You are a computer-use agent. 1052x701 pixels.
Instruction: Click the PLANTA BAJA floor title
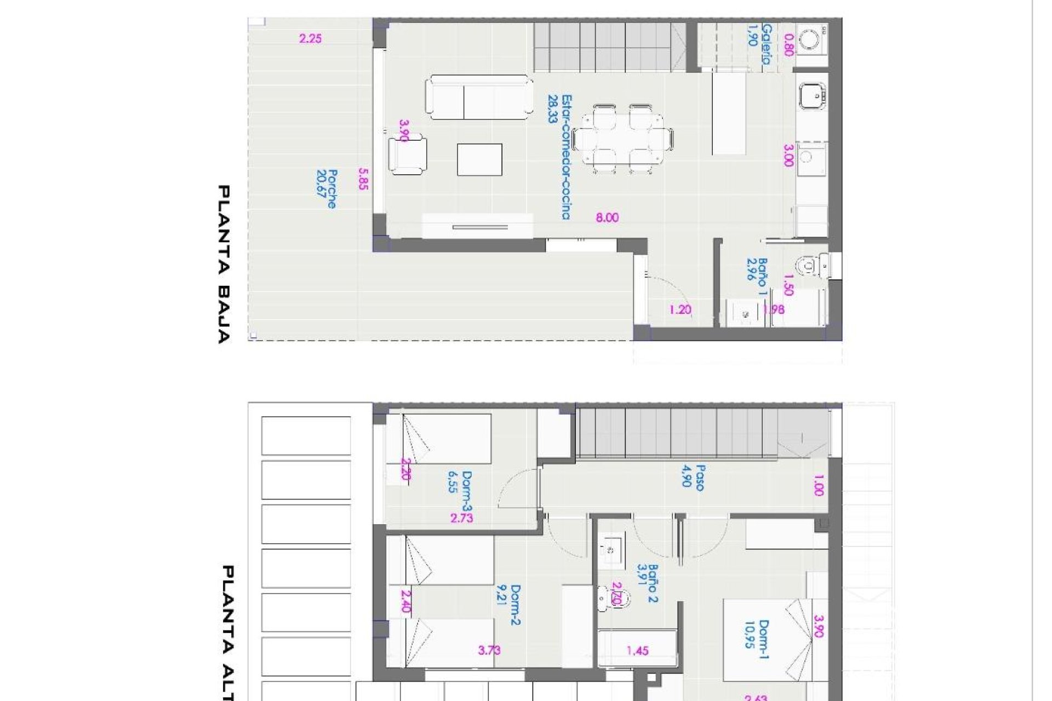coord(224,264)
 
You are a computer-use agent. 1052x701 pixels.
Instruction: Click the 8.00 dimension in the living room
coord(607,218)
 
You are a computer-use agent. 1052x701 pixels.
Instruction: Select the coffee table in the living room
coord(479,159)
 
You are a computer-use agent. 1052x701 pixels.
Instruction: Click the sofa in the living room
coord(479,97)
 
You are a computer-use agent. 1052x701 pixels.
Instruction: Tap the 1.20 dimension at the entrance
coord(680,310)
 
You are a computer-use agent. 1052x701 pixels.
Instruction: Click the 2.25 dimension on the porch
coord(310,39)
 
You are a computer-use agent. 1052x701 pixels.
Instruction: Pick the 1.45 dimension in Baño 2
coord(638,651)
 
